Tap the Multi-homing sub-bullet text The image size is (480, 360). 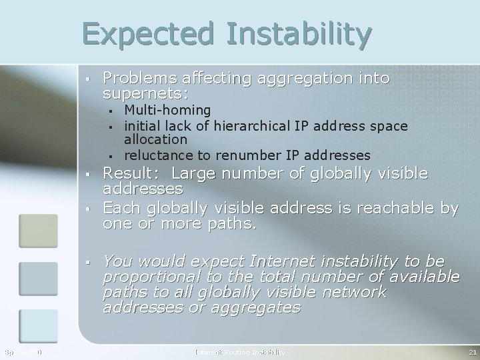[168, 109]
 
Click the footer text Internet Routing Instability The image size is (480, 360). [240, 351]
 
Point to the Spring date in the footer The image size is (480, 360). [23, 351]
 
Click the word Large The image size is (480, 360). [199, 174]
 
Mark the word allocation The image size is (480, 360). [156, 140]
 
